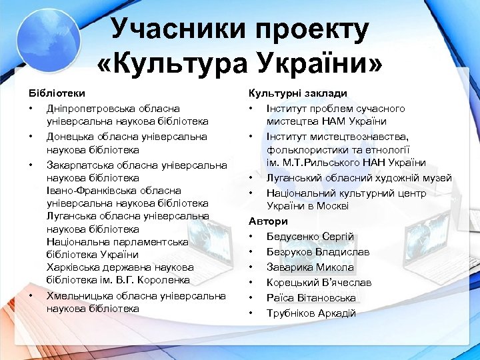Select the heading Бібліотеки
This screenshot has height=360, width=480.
(56, 93)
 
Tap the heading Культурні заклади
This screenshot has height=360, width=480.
(297, 93)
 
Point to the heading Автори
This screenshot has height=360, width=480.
(268, 221)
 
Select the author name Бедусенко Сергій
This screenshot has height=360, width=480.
(309, 237)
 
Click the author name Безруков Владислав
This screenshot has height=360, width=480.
(317, 252)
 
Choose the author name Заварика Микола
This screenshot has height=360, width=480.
(310, 267)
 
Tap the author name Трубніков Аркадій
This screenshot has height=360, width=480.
(311, 313)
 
